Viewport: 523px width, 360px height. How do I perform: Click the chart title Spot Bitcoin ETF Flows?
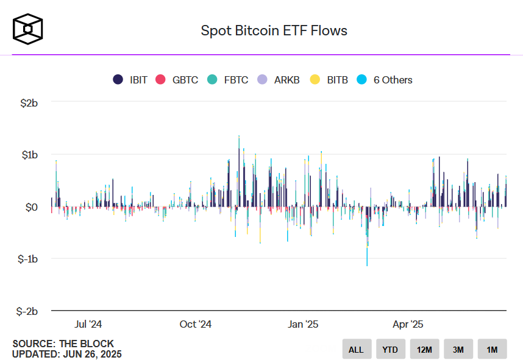[274, 30]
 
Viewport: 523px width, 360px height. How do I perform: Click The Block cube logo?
[28, 29]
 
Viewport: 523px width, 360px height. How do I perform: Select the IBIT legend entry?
[130, 80]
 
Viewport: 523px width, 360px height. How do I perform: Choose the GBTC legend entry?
[177, 80]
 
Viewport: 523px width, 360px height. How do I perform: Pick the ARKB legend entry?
[279, 80]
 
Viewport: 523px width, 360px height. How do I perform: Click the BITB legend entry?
[329, 80]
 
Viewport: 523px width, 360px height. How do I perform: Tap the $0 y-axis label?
[32, 207]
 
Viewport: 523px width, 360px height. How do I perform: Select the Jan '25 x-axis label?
[303, 324]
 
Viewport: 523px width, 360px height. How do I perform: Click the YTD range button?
[390, 350]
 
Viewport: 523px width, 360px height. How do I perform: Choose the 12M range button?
[424, 350]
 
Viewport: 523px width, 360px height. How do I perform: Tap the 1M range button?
[492, 350]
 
